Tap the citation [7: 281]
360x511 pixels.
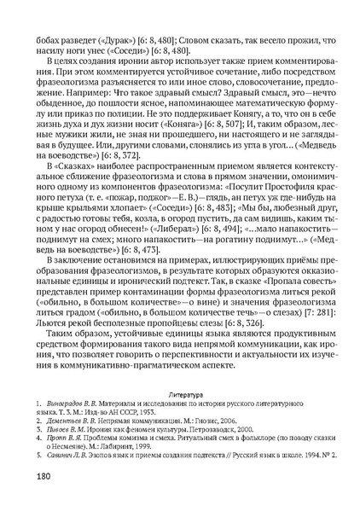309,313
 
